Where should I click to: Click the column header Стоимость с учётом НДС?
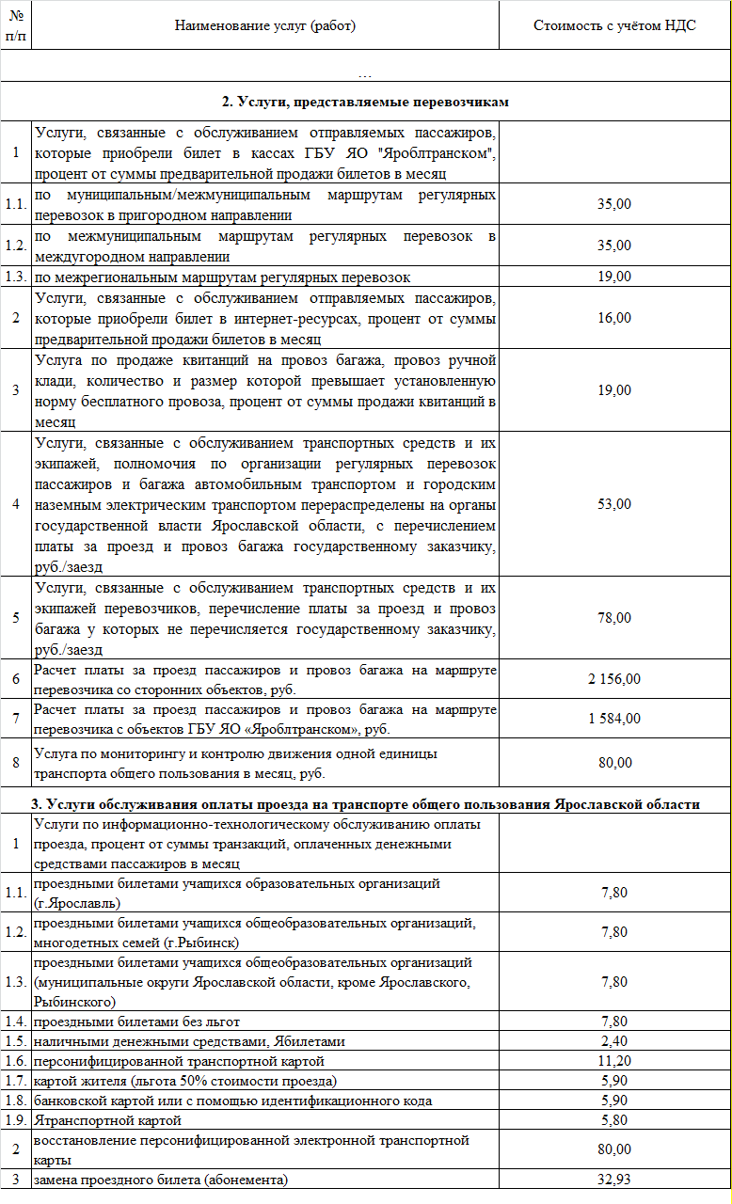614,25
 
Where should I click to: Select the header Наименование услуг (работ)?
265,25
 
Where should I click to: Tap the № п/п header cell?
16,25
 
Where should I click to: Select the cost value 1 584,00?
614,719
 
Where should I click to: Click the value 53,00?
614,504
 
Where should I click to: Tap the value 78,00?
614,618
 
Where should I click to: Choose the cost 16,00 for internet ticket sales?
614,318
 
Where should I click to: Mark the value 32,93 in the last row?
614,1180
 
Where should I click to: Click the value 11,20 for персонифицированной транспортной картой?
614,1061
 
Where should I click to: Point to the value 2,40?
614,1041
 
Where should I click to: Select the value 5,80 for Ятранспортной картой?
614,1120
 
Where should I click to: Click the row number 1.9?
16,1120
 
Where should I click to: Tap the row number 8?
16,763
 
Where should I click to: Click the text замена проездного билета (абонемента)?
161,1180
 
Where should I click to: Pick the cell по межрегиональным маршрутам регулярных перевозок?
222,277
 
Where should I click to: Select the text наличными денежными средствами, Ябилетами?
189,1041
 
